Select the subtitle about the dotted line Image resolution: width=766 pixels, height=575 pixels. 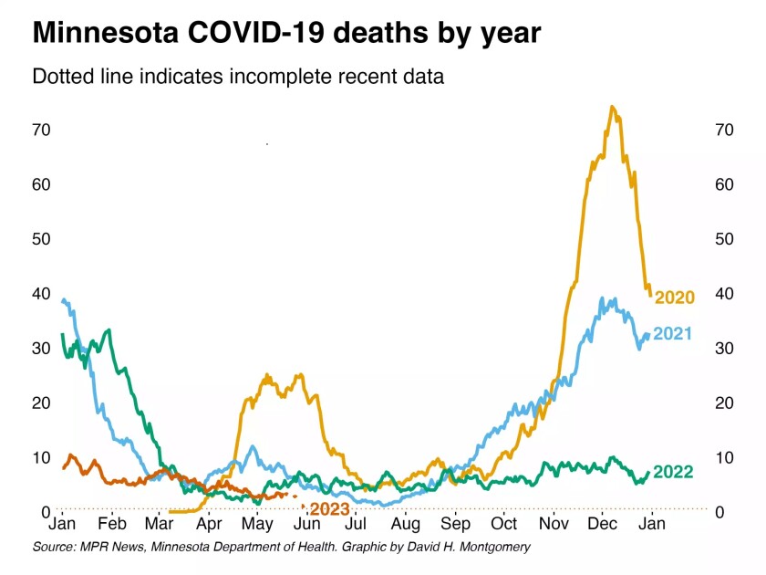[238, 77]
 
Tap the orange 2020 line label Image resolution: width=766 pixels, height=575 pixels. [675, 298]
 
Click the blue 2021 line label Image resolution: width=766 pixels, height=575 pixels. [672, 334]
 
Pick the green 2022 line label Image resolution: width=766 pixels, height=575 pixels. [673, 472]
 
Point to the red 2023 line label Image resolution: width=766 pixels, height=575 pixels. [329, 509]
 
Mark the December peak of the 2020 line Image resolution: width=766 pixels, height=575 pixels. [612, 108]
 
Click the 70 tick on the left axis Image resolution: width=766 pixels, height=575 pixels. [40, 130]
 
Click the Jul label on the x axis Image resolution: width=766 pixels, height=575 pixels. [357, 525]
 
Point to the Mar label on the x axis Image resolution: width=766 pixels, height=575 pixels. [160, 525]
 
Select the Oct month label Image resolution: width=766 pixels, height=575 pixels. [503, 525]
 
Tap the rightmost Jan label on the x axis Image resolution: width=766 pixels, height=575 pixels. [651, 525]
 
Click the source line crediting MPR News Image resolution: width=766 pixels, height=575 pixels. [281, 547]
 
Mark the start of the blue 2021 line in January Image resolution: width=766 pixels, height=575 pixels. [62, 299]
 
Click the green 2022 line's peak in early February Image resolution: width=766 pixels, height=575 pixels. [109, 330]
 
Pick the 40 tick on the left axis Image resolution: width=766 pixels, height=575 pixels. [40, 294]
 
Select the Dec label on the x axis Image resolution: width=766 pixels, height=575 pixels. [602, 525]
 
